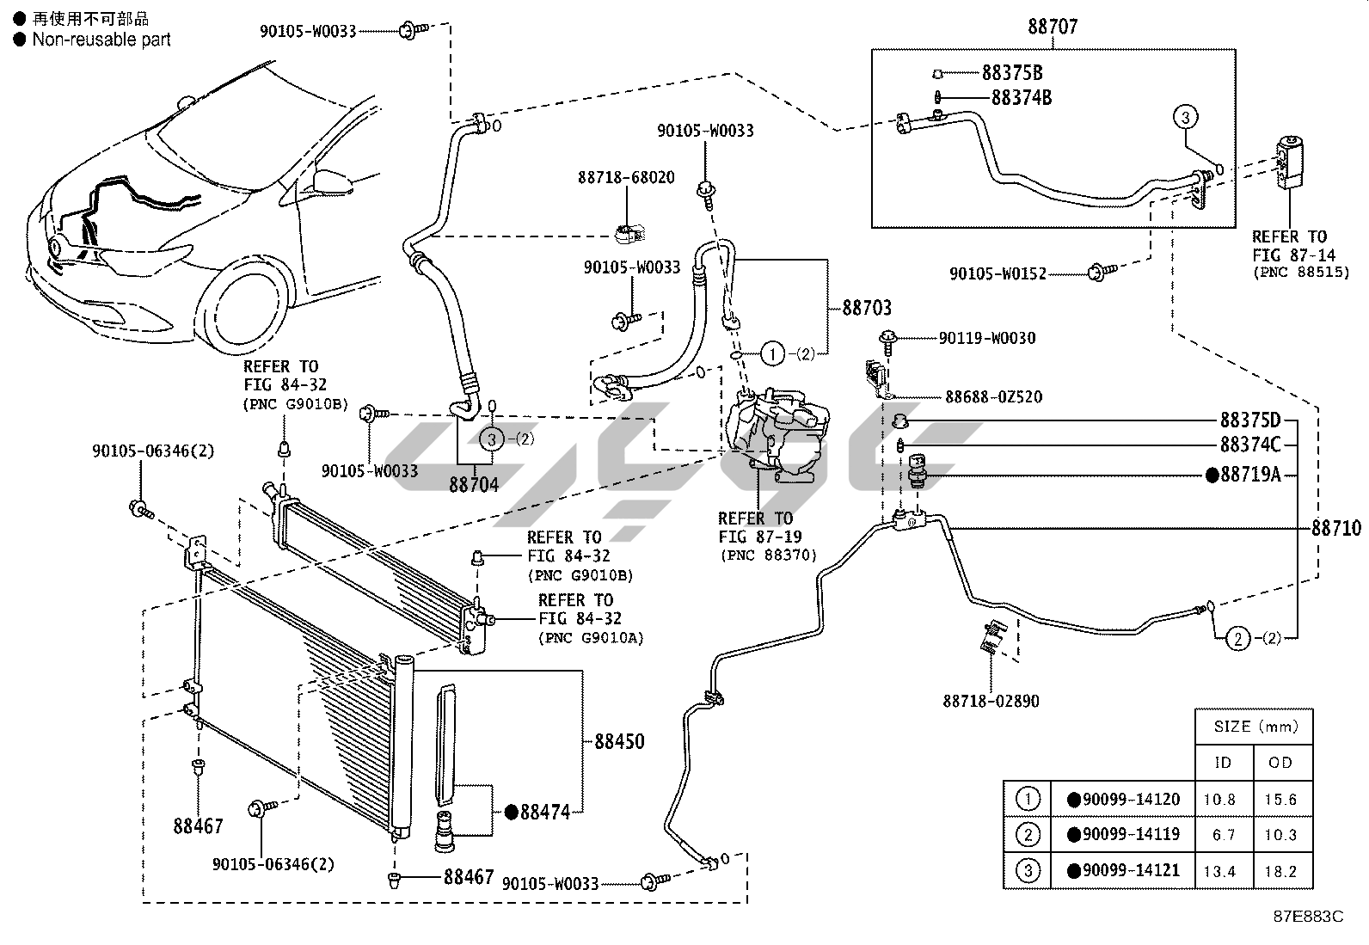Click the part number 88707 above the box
[1053, 27]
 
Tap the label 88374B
[1022, 97]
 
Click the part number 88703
[867, 307]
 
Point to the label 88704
[473, 485]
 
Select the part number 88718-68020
[626, 177]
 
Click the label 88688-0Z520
[993, 396]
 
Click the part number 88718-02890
[991, 701]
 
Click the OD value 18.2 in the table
[1280, 871]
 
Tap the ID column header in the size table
[1223, 762]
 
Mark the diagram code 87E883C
[1308, 916]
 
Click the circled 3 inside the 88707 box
[1185, 117]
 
